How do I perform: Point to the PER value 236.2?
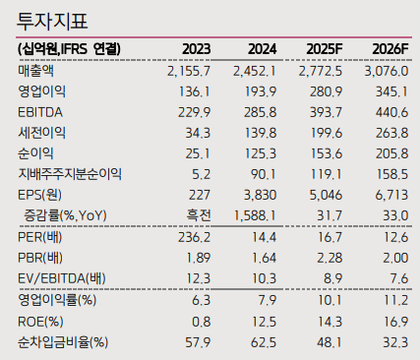[200, 238]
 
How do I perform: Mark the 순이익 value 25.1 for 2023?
[201, 152]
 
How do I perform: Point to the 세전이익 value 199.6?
[328, 133]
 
